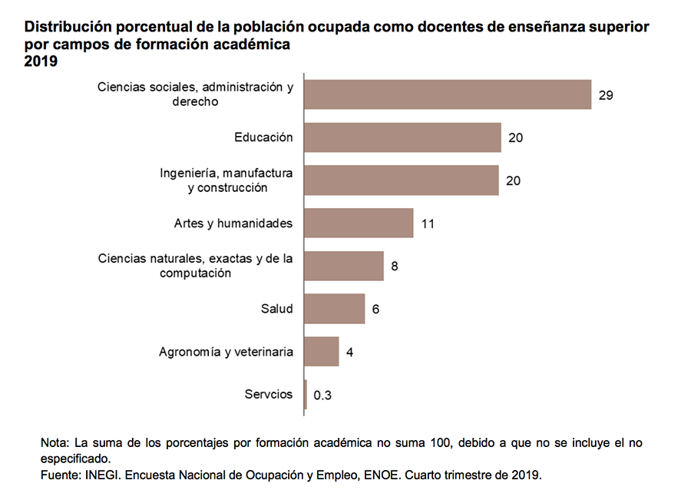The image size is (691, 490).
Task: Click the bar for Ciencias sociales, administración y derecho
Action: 448,94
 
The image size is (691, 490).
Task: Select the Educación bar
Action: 403,137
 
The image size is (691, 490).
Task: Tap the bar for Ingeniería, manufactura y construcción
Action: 402,180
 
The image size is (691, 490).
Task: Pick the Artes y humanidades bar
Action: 359,223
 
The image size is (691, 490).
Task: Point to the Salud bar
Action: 335,309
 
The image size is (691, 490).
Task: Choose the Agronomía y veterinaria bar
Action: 322,352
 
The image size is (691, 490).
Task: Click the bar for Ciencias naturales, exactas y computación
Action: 344,266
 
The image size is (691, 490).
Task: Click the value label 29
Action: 606,95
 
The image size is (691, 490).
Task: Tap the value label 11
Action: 428,224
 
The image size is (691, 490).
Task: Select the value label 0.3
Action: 322,396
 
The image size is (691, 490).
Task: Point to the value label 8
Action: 395,267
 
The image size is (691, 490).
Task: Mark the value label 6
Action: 376,310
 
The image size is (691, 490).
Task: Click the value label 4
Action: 349,353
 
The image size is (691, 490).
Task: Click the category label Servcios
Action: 269,395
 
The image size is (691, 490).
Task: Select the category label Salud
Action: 277,309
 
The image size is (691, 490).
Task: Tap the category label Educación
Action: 263,137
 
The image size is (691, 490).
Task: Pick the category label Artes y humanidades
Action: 233,223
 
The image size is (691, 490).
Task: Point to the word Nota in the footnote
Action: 55,443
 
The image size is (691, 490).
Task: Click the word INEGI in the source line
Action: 101,475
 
